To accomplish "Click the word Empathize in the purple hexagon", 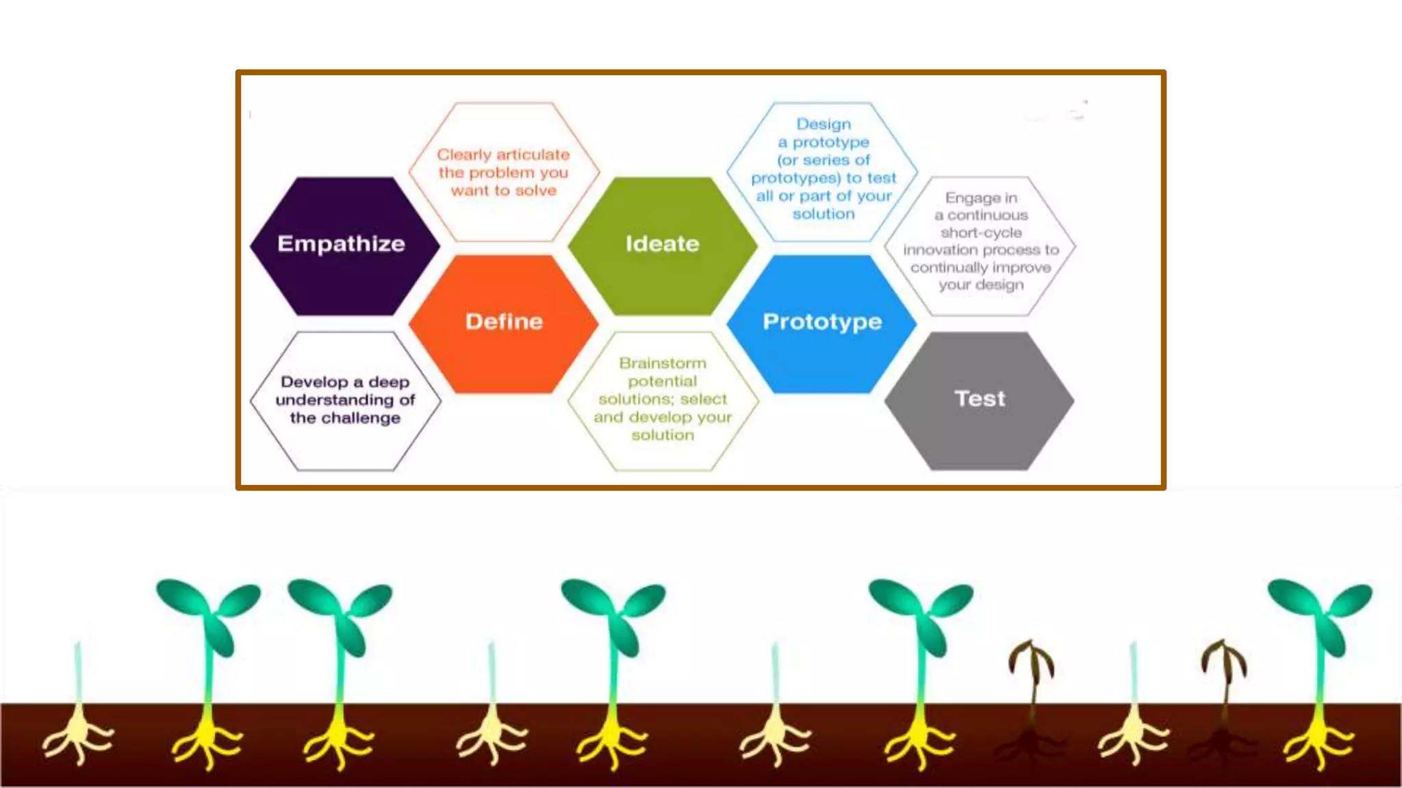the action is point(341,244).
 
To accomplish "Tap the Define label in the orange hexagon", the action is point(504,321).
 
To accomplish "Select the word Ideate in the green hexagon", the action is point(662,244).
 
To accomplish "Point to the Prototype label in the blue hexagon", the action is point(822,321).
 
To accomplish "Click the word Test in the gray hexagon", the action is point(980,399).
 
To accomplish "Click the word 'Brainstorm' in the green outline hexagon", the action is point(663,363).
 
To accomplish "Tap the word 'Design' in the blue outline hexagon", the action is point(824,124).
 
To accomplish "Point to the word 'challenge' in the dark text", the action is point(360,418).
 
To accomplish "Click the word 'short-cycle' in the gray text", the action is point(981,233).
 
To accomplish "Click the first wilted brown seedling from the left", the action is point(1031,667).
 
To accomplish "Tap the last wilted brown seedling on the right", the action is point(1224,667).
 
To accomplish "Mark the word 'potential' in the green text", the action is point(662,381).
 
